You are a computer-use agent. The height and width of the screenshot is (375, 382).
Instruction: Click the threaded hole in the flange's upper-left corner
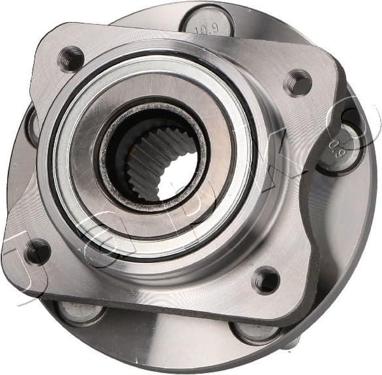click(70, 59)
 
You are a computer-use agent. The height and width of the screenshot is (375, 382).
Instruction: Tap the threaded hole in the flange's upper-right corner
click(299, 83)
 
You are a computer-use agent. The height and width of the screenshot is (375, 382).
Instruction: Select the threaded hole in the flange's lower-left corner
click(37, 251)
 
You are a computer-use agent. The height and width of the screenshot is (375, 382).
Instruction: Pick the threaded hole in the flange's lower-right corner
click(266, 280)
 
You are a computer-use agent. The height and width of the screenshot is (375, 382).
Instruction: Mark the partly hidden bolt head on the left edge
click(31, 126)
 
